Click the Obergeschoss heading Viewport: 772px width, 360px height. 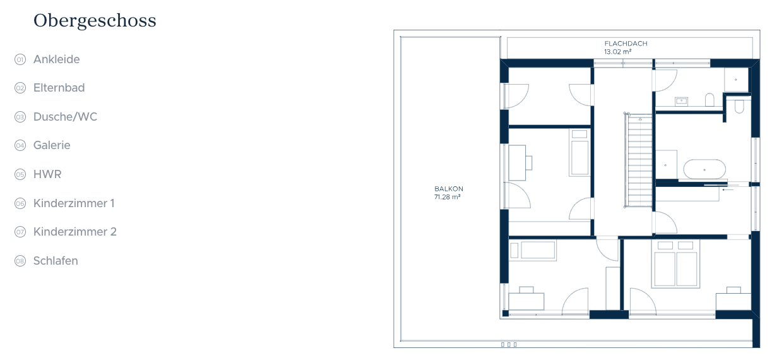point(95,21)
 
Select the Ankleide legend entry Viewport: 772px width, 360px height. point(57,59)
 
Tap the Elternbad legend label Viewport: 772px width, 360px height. point(59,88)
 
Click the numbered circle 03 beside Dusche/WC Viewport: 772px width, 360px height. point(20,117)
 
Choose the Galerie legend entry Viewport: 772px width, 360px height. point(52,145)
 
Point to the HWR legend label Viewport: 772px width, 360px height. point(47,174)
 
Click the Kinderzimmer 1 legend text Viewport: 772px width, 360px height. point(74,203)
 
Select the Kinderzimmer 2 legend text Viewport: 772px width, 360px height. point(74,232)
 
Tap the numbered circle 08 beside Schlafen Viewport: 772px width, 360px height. point(20,261)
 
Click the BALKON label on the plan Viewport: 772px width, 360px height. point(449,189)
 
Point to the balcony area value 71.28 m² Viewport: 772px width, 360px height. point(448,197)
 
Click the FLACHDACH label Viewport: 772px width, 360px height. point(626,44)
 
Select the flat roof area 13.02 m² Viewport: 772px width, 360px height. point(617,52)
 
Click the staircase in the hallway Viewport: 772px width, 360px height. point(639,160)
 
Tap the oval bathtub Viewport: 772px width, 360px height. point(704,169)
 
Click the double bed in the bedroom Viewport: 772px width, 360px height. point(675,264)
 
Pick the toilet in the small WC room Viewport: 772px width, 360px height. point(739,106)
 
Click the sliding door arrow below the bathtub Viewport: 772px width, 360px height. point(728,189)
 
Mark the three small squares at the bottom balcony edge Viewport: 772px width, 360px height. point(509,344)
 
